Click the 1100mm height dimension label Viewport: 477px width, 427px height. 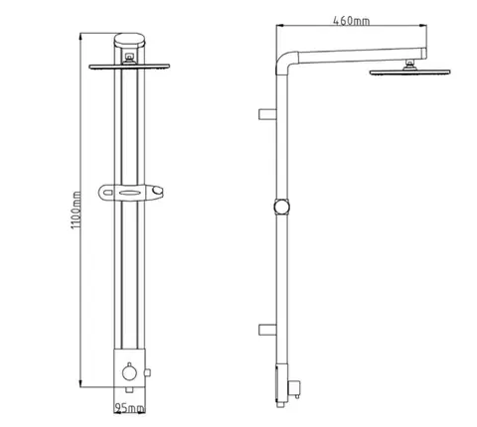(x=76, y=211)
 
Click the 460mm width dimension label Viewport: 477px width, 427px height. (x=351, y=21)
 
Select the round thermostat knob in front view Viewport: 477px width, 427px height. (x=129, y=372)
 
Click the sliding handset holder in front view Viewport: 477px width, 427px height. (x=131, y=193)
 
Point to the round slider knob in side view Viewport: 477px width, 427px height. (x=282, y=207)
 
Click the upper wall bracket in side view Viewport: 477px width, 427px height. (x=267, y=114)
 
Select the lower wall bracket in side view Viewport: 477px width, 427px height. (x=267, y=330)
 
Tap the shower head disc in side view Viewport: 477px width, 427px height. (x=409, y=72)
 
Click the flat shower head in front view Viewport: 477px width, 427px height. (x=129, y=67)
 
